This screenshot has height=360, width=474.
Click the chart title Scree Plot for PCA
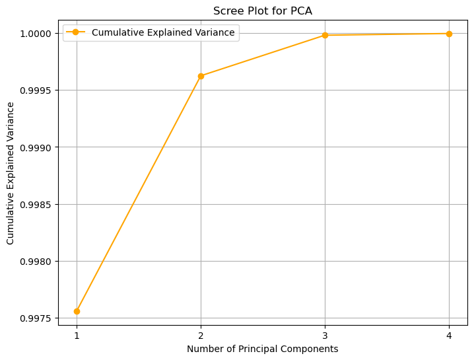tap(263, 11)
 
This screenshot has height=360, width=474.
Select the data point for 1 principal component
tap(77, 311)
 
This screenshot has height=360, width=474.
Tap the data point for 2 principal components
tap(201, 76)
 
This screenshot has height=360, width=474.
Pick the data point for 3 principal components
tap(325, 35)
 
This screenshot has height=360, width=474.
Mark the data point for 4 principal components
tap(449, 34)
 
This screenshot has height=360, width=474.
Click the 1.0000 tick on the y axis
tap(37, 33)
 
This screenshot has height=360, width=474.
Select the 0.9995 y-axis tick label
tap(37, 90)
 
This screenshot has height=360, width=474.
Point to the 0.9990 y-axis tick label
tap(37, 147)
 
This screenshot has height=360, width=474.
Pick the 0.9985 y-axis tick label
tap(37, 205)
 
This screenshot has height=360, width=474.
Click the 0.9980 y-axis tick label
tap(37, 262)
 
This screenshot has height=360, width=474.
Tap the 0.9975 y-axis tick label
tap(37, 319)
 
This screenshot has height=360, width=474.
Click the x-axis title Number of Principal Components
tap(263, 349)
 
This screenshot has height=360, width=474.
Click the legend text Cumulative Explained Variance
tap(163, 32)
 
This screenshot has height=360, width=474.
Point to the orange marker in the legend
tap(76, 32)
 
